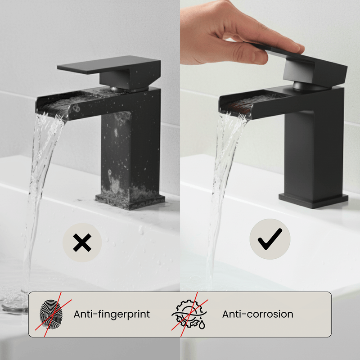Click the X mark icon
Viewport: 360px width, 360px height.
pyautogui.click(x=82, y=243)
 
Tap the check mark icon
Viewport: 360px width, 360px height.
pyautogui.click(x=270, y=239)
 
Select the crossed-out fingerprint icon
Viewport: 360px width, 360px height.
pyautogui.click(x=50, y=314)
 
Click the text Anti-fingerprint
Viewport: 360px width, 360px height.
pyautogui.click(x=112, y=314)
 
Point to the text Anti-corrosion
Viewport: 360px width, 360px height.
pyautogui.click(x=257, y=314)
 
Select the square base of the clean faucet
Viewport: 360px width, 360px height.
pyautogui.click(x=313, y=200)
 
